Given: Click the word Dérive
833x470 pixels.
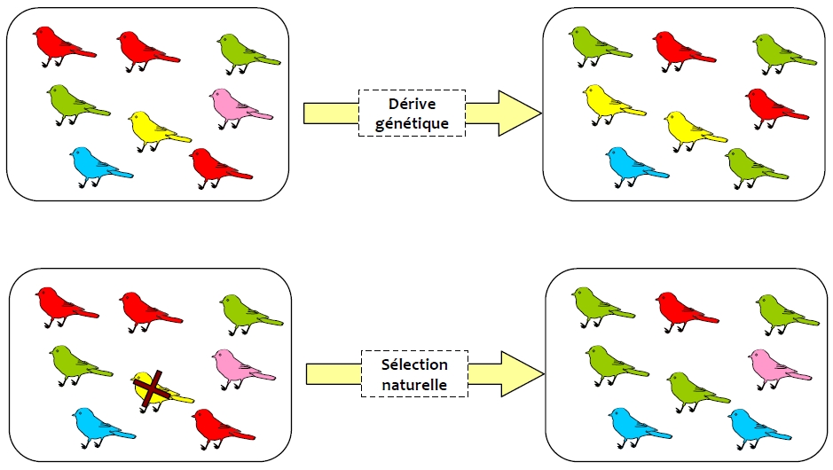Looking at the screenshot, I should click(x=412, y=103).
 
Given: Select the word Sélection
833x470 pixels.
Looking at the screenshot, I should click(x=414, y=365).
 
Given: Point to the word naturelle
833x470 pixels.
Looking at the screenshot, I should click(x=414, y=386).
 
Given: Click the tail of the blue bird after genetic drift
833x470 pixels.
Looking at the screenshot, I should click(x=657, y=174).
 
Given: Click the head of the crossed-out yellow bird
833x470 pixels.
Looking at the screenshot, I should click(x=141, y=383).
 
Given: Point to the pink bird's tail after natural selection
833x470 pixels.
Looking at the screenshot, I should click(x=798, y=375).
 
